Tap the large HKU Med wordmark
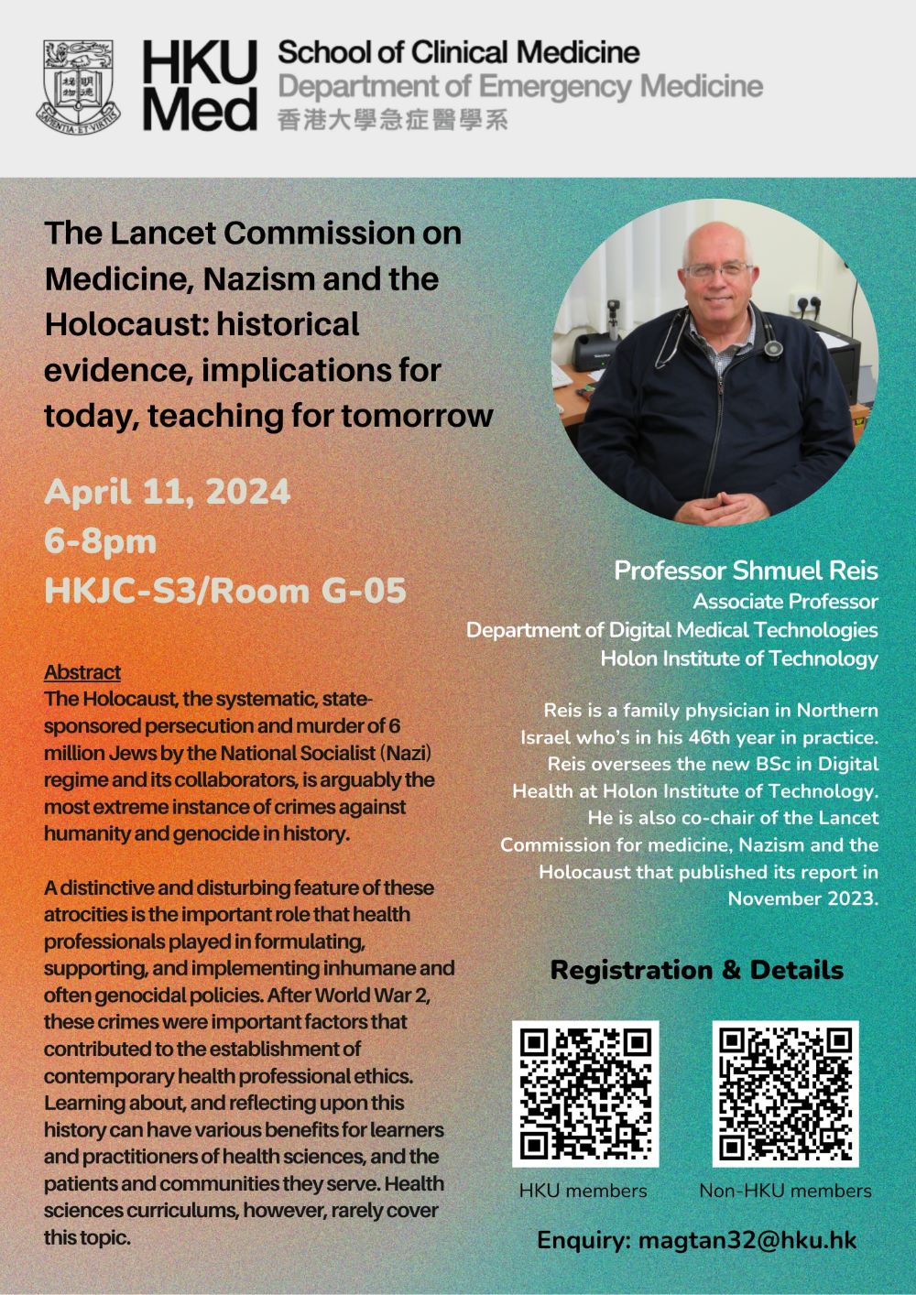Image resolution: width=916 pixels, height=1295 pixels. click(x=199, y=87)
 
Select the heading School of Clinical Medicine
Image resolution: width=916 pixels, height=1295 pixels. click(x=458, y=53)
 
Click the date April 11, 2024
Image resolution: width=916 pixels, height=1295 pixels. click(x=168, y=492)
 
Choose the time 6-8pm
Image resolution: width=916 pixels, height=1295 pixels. click(x=101, y=540)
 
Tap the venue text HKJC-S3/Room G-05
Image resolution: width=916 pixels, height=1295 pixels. click(x=225, y=591)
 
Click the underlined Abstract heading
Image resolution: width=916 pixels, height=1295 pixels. click(x=82, y=672)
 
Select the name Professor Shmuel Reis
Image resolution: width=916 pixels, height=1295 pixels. click(x=746, y=571)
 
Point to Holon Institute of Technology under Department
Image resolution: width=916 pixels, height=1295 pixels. click(x=738, y=658)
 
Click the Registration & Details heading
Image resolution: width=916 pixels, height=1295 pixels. click(x=696, y=970)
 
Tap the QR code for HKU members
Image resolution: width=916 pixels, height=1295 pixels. click(x=585, y=1094)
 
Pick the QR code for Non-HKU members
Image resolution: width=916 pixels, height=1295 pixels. click(x=786, y=1094)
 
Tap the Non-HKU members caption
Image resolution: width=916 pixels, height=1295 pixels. click(x=785, y=1191)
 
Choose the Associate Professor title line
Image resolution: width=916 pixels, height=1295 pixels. click(x=785, y=602)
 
